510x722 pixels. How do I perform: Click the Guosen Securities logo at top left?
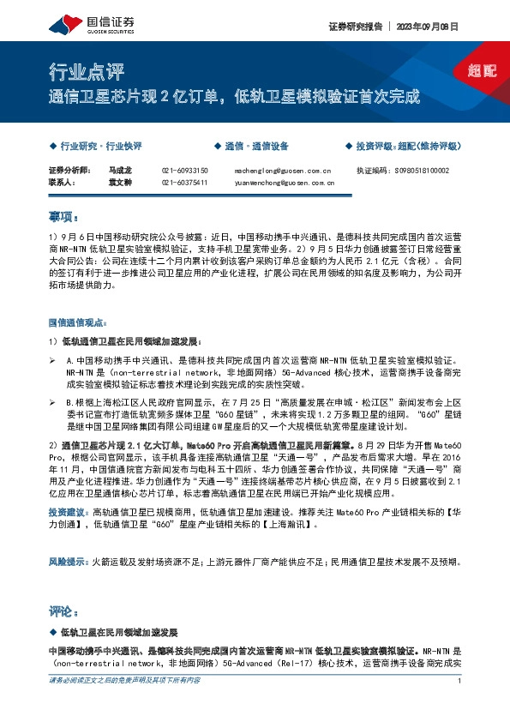81,22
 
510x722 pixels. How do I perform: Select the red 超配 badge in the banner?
481,71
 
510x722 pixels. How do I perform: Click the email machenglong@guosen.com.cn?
282,171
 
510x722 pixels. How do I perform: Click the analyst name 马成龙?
122,171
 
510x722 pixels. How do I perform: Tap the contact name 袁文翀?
122,182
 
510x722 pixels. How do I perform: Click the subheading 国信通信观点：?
76,323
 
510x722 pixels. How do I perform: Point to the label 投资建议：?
69,510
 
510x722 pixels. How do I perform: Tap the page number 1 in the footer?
460,681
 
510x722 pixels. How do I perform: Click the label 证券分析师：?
69,171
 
